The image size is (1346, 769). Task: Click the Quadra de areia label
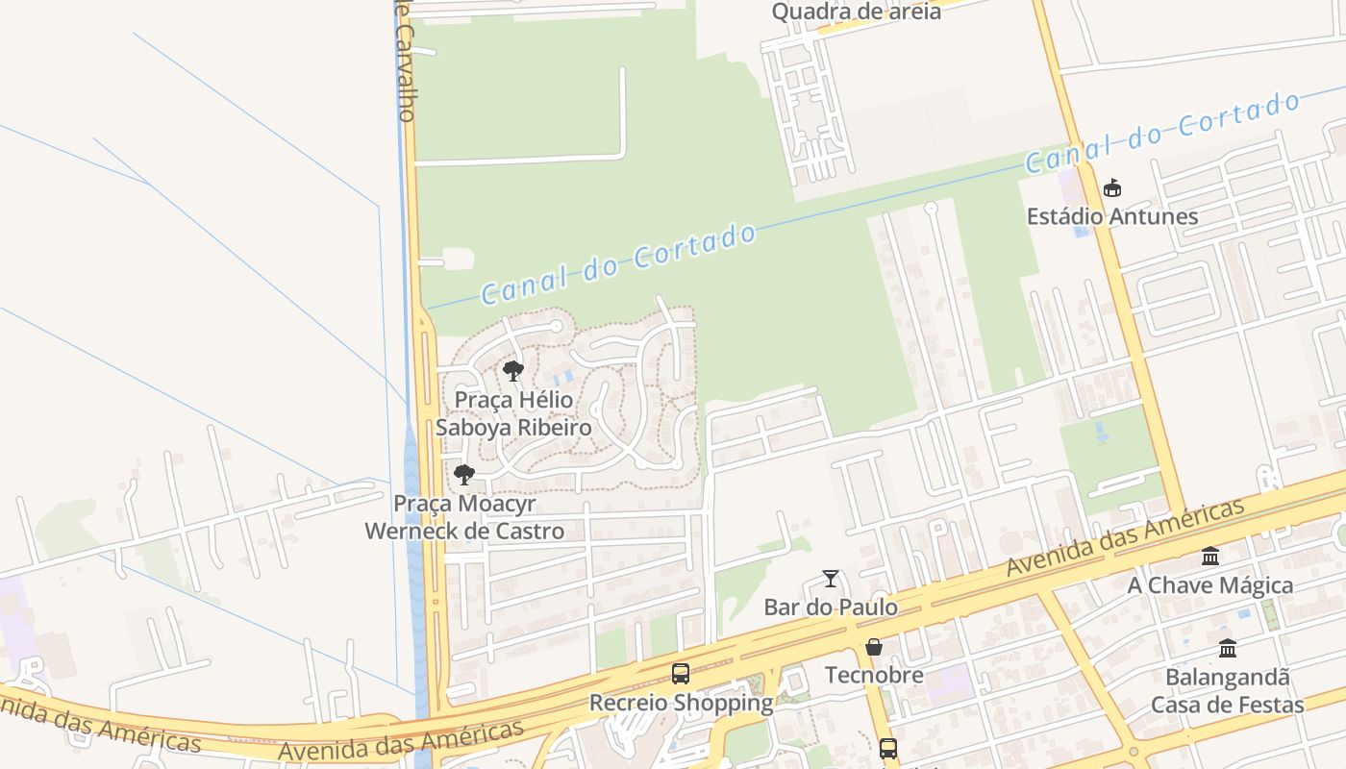point(856,12)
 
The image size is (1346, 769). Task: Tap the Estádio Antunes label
point(1112,216)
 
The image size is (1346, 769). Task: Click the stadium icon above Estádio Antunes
point(1112,187)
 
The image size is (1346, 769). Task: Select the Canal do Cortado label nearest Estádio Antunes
point(1163,133)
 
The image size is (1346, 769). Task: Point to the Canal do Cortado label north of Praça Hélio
point(618,264)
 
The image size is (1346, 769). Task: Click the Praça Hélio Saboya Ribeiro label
point(513,413)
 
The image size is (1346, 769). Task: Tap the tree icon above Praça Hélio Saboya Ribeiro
point(513,370)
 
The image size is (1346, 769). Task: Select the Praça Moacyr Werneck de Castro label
point(464,517)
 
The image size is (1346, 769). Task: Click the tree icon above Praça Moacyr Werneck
point(464,474)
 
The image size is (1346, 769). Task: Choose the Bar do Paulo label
point(831,608)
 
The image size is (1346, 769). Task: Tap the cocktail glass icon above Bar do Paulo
point(831,579)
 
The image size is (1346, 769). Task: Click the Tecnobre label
point(874,676)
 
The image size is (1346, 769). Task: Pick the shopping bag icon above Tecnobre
point(874,647)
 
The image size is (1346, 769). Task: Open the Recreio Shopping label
point(681,703)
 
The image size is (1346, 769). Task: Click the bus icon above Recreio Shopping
point(681,673)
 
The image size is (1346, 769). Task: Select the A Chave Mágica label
point(1210,585)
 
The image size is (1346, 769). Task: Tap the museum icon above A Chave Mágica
point(1210,557)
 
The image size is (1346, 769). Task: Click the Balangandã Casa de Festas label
point(1228,691)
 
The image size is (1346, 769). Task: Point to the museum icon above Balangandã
point(1228,649)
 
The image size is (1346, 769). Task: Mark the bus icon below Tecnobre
point(888,748)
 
